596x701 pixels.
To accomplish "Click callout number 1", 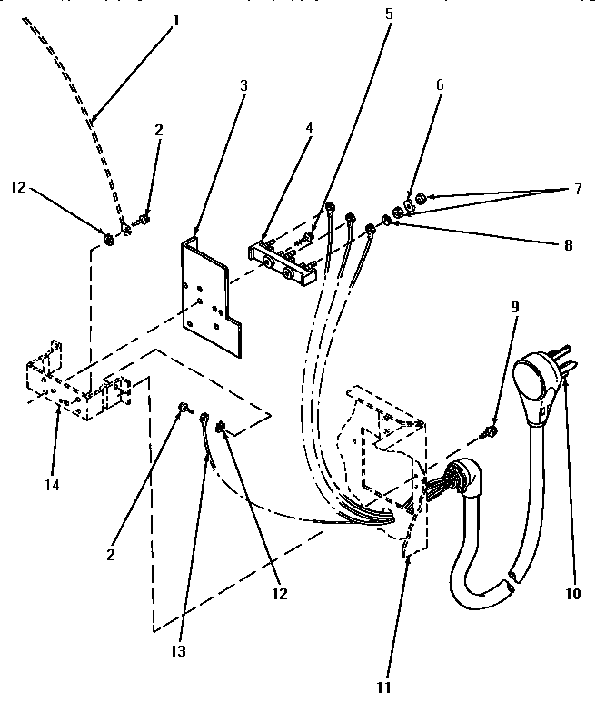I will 176,17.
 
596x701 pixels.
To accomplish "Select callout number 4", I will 309,128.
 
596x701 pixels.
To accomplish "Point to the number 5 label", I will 389,15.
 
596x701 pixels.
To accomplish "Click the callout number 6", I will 440,84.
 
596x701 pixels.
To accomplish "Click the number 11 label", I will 383,687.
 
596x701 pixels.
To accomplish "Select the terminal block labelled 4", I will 285,257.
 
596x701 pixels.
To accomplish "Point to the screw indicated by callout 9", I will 492,429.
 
